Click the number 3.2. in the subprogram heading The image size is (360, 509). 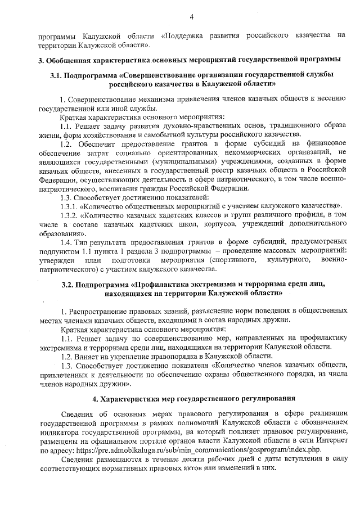click(x=70, y=284)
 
